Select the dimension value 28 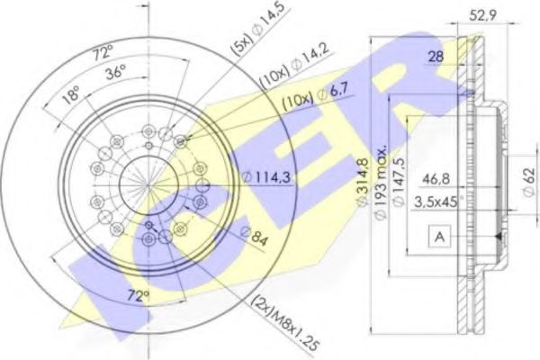(435, 58)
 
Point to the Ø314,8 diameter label (362, 179)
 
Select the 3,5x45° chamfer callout (438, 202)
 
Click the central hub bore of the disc (144, 184)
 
